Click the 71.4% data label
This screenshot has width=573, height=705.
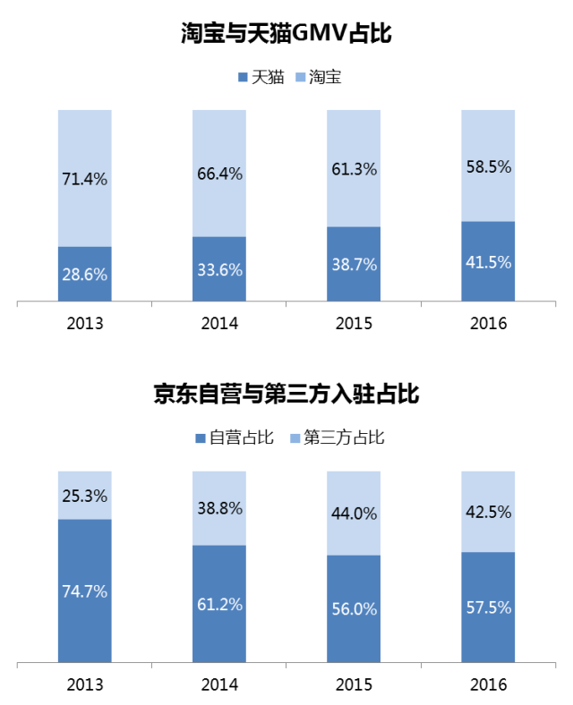click(x=84, y=179)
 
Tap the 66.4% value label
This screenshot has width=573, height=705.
click(x=219, y=174)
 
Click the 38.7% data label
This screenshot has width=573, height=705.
click(x=354, y=265)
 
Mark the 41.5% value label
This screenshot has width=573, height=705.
click(x=488, y=262)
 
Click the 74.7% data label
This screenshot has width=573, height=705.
click(x=84, y=591)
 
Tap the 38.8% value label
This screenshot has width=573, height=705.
click(x=219, y=508)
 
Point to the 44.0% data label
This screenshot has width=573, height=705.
click(x=354, y=514)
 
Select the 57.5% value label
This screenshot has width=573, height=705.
click(x=488, y=607)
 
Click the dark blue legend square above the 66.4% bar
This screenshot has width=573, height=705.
click(x=243, y=77)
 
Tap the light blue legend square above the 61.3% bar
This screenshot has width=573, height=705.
click(x=301, y=77)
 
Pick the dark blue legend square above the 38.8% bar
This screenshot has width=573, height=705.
click(x=201, y=438)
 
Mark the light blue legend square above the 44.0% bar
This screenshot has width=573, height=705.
click(x=295, y=438)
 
